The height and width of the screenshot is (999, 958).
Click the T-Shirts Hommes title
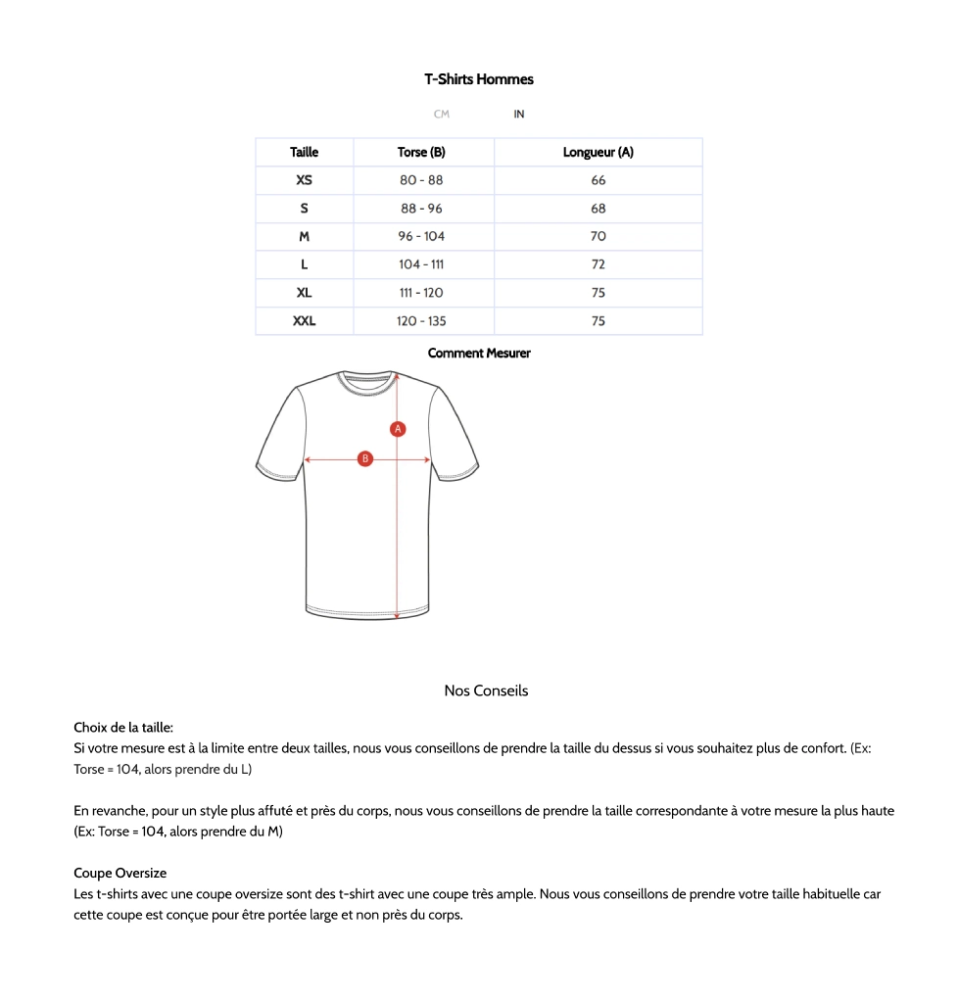pyautogui.click(x=479, y=79)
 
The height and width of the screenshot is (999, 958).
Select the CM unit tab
pyautogui.click(x=441, y=115)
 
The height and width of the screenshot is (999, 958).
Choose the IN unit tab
pyautogui.click(x=519, y=115)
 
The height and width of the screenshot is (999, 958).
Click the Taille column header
pyautogui.click(x=305, y=153)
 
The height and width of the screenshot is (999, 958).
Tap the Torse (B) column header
pyautogui.click(x=421, y=153)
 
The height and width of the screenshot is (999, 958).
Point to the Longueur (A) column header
pyautogui.click(x=598, y=153)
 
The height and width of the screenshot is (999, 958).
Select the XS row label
pyautogui.click(x=305, y=180)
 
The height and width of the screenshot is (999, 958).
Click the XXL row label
pyautogui.click(x=305, y=321)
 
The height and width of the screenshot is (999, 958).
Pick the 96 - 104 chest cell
pyautogui.click(x=421, y=236)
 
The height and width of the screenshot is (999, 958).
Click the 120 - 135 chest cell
pyautogui.click(x=421, y=321)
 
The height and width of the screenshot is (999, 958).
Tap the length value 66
pyautogui.click(x=599, y=180)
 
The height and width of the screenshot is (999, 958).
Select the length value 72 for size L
pyautogui.click(x=599, y=264)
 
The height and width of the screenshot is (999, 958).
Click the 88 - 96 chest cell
pyautogui.click(x=421, y=209)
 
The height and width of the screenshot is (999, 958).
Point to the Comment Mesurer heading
pyautogui.click(x=479, y=354)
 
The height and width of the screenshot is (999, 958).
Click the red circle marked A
pyautogui.click(x=398, y=428)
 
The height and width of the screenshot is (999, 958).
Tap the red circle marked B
pyautogui.click(x=365, y=458)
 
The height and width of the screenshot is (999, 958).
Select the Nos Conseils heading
pyautogui.click(x=486, y=690)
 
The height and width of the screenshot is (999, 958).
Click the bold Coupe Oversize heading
pyautogui.click(x=120, y=873)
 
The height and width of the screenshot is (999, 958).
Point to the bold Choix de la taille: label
pyautogui.click(x=123, y=728)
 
